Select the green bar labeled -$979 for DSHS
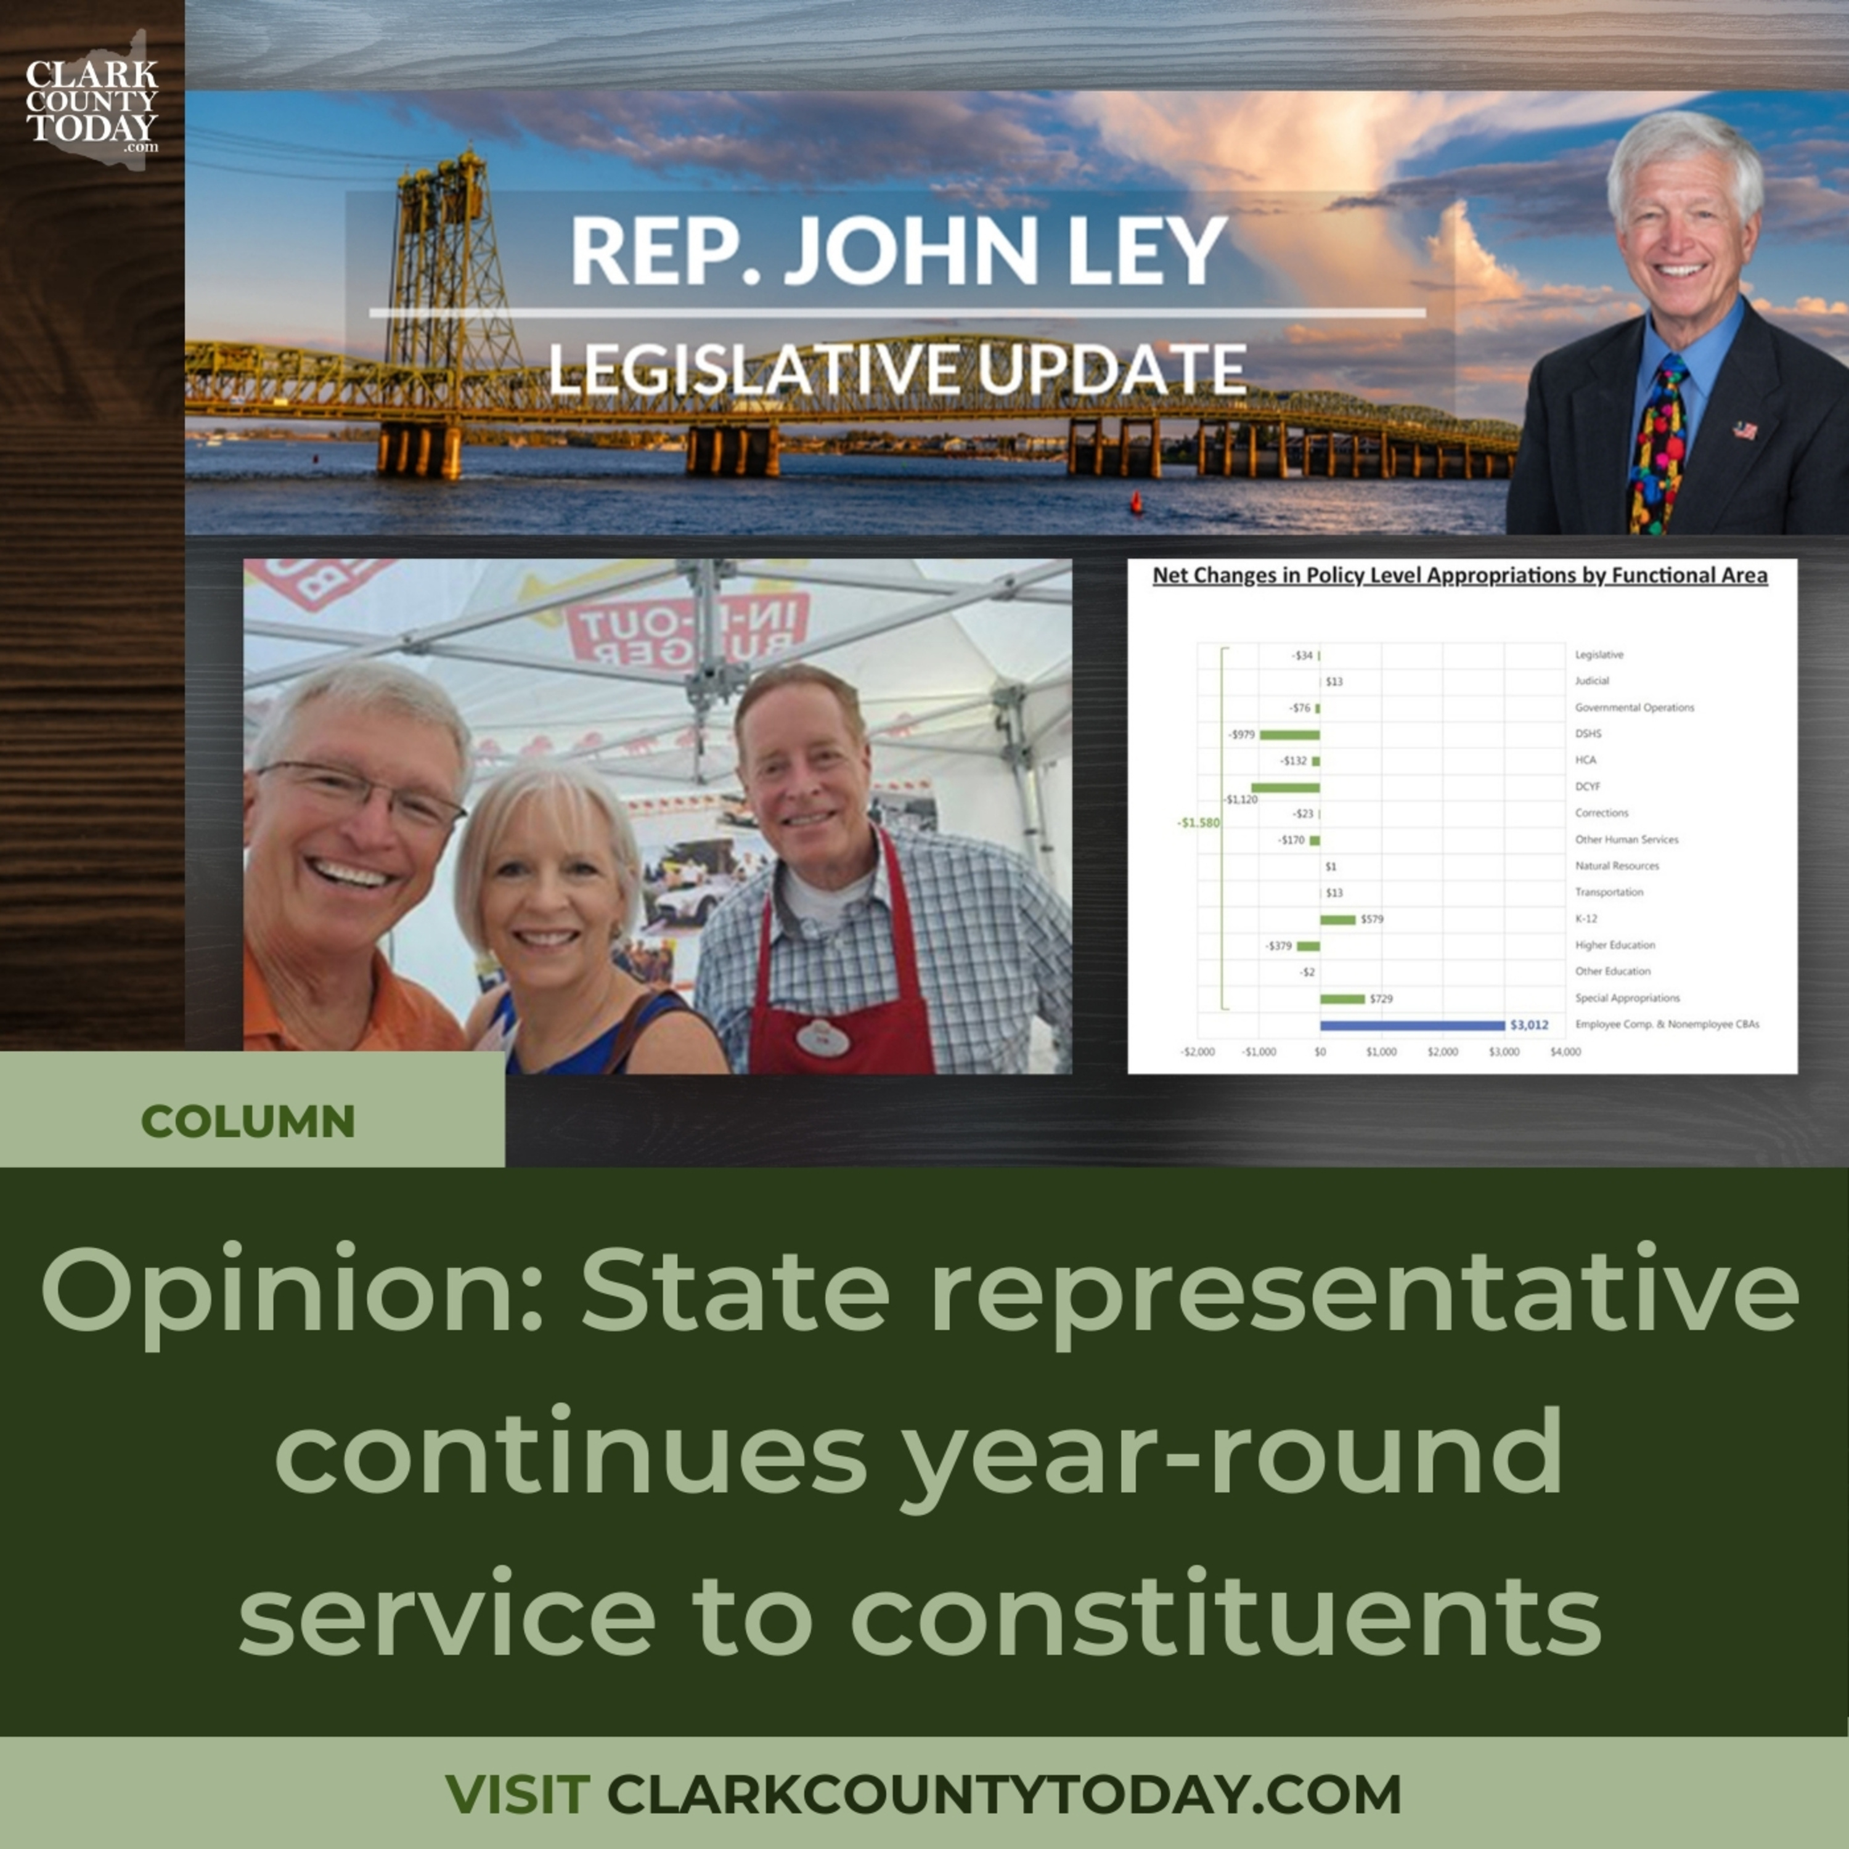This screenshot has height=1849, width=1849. tap(1289, 734)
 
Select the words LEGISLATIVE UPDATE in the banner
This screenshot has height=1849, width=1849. tap(897, 369)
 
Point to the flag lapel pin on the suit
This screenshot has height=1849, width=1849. tap(1745, 430)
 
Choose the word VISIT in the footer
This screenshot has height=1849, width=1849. tap(517, 1794)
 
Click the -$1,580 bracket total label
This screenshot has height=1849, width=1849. tap(1198, 822)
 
